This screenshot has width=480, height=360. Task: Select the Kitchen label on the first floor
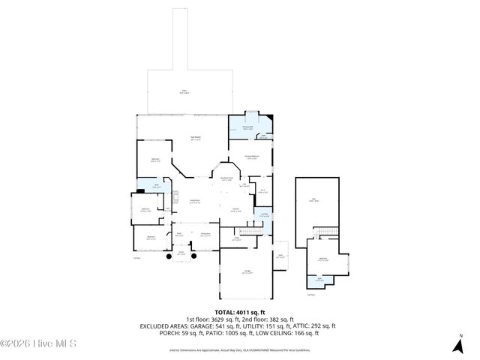pyautogui.click(x=235, y=210)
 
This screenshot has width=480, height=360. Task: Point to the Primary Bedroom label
pyautogui.click(x=251, y=157)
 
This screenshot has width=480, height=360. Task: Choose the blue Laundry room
pyautogui.click(x=265, y=217)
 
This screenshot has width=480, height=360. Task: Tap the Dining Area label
pyautogui.click(x=204, y=235)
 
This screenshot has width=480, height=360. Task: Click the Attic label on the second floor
pyautogui.click(x=313, y=200)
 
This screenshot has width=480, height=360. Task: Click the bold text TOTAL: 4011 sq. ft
pyautogui.click(x=240, y=313)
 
